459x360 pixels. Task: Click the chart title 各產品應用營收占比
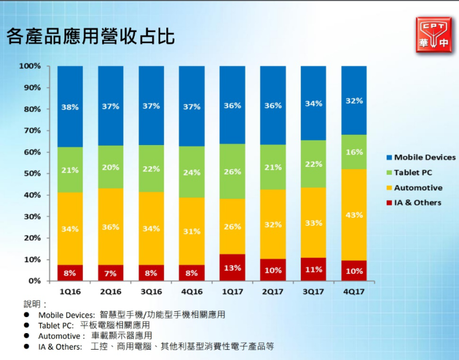pyautogui.click(x=91, y=36)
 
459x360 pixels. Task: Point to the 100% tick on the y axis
pyautogui.click(x=30, y=66)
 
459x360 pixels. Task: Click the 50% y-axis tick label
pyautogui.click(x=32, y=174)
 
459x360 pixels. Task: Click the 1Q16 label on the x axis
pyautogui.click(x=70, y=291)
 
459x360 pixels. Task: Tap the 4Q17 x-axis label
pyautogui.click(x=354, y=291)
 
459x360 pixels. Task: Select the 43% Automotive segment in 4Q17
pyautogui.click(x=354, y=215)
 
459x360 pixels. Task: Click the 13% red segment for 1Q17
pyautogui.click(x=232, y=268)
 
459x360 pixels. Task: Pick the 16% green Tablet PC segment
pyautogui.click(x=354, y=152)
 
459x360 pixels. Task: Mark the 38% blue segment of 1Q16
pyautogui.click(x=70, y=107)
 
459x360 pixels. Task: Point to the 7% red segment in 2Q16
pyautogui.click(x=111, y=273)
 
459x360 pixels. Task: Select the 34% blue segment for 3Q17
pyautogui.click(x=313, y=104)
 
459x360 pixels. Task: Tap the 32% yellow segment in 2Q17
pyautogui.click(x=273, y=225)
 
